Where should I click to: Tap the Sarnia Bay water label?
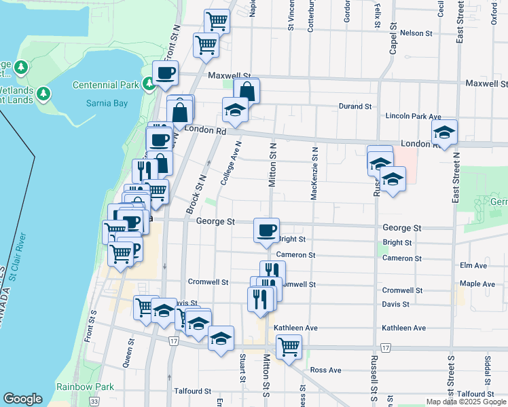107,104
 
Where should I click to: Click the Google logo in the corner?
22,399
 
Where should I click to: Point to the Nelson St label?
416,33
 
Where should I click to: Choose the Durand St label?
355,106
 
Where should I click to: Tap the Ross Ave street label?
325,370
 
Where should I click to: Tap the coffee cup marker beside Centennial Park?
165,74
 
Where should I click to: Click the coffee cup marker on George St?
266,230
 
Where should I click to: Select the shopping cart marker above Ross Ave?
289,347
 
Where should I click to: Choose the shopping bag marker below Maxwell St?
247,91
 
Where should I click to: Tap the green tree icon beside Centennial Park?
147,85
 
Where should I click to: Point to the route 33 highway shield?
93,402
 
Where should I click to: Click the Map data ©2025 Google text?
465,402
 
